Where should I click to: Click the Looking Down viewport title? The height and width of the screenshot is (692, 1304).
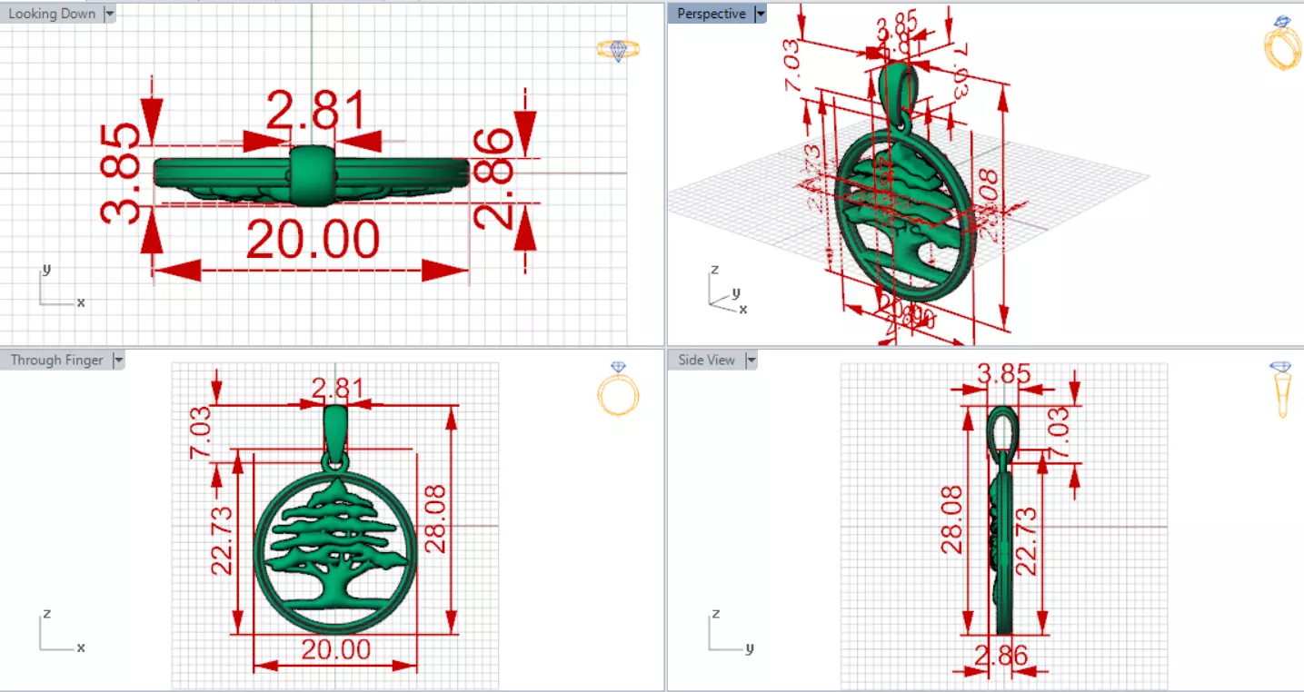(x=51, y=14)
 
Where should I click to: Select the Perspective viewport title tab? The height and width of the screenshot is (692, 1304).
(x=711, y=14)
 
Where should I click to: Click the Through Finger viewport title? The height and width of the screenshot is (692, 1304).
(x=56, y=360)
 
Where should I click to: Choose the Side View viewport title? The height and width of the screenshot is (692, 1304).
(x=706, y=360)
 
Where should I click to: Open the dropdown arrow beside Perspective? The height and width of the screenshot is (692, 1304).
(x=761, y=14)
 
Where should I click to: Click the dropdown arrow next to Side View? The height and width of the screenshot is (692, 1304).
(x=752, y=360)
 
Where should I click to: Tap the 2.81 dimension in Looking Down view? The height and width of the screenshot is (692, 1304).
(x=314, y=111)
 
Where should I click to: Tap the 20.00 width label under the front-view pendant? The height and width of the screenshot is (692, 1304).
(x=336, y=649)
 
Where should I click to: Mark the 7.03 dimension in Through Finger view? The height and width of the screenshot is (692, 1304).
(x=201, y=432)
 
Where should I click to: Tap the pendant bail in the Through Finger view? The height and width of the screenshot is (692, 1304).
(x=335, y=430)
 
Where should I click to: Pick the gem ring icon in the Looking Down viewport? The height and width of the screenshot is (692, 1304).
(x=619, y=50)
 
